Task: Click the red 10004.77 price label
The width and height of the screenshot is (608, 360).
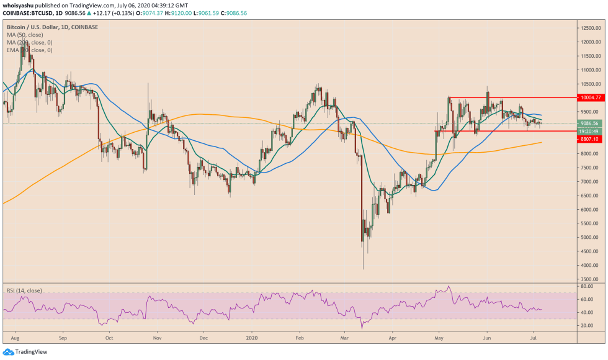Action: tap(589, 97)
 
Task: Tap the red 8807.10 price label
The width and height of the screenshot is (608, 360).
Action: tap(589, 139)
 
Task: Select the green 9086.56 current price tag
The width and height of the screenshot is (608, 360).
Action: tap(589, 123)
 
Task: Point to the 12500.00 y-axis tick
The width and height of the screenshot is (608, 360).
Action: tap(590, 28)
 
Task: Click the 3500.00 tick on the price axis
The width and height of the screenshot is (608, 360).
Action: tap(590, 279)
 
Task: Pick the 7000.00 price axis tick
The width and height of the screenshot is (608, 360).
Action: tap(590, 182)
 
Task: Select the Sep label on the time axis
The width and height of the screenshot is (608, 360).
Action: tap(62, 340)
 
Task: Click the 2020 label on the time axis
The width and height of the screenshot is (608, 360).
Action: tap(253, 340)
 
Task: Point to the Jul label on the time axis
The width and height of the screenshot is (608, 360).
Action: tap(534, 340)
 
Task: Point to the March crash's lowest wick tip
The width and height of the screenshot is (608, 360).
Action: tap(363, 269)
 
